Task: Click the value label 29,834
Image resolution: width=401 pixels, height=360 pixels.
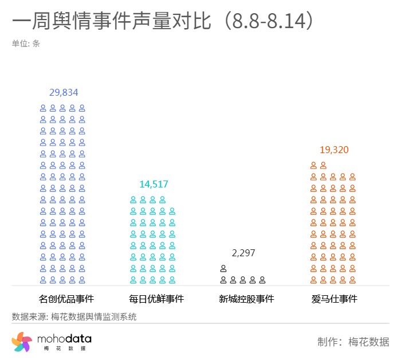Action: point(64,92)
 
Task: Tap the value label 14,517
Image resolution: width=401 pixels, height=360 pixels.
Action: point(154,184)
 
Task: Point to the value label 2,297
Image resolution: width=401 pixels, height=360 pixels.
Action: point(243,253)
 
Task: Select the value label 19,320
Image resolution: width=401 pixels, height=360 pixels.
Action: point(334,150)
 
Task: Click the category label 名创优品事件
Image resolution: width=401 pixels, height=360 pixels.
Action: point(66,299)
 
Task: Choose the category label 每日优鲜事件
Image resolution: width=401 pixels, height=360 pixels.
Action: point(156,299)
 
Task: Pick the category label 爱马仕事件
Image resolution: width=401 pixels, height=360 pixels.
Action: point(335,299)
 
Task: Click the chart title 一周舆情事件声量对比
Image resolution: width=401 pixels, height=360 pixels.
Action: point(114,22)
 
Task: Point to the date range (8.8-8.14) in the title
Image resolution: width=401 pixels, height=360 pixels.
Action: point(269,22)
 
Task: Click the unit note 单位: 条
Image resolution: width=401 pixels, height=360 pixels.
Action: point(26,43)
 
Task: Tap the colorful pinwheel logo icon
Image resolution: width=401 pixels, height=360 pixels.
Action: point(22,342)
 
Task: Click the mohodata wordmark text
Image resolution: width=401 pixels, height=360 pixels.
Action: point(64,339)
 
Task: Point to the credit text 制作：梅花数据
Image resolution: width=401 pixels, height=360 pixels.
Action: point(353,342)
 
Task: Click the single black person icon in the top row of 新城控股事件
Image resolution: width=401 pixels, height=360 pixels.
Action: point(223,268)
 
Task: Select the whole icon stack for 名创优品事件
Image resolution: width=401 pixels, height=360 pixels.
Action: point(62,194)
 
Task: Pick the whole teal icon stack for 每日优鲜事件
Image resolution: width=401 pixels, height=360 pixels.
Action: point(152,240)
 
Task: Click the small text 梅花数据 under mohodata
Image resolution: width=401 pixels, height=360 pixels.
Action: point(64,349)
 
